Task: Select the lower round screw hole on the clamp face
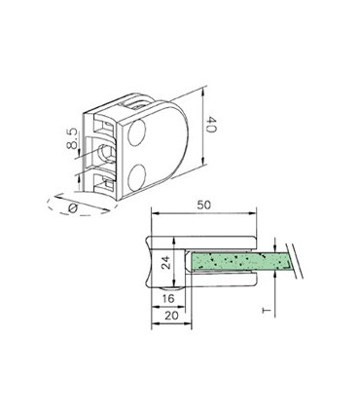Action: tap(136, 174)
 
